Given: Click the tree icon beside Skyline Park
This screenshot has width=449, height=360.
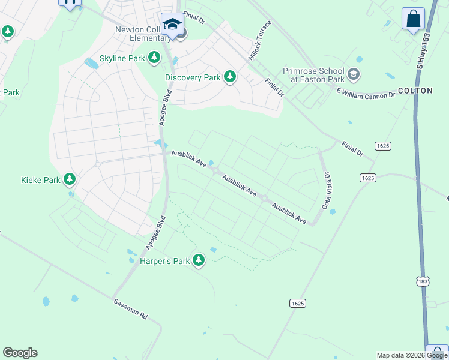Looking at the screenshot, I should pyautogui.click(x=155, y=58).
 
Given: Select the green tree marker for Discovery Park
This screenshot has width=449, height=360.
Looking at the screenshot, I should pyautogui.click(x=229, y=77).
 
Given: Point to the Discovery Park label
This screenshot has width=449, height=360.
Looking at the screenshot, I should pyautogui.click(x=193, y=77).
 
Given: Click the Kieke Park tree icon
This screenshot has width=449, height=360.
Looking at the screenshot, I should pyautogui.click(x=70, y=179).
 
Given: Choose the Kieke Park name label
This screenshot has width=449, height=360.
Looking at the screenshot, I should pyautogui.click(x=40, y=179).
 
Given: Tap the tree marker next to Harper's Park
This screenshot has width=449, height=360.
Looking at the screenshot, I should pyautogui.click(x=198, y=260).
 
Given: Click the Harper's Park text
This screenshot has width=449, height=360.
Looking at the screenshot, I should pyautogui.click(x=164, y=261).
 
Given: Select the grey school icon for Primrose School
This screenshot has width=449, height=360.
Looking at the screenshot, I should pyautogui.click(x=354, y=75).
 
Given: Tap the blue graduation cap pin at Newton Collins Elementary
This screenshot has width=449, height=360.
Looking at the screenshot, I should pyautogui.click(x=172, y=25).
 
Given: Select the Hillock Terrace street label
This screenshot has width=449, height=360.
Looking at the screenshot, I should pyautogui.click(x=260, y=40).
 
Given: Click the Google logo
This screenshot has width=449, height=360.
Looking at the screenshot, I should pyautogui.click(x=20, y=353).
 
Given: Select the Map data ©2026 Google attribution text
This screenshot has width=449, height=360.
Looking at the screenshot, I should pyautogui.click(x=412, y=355).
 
